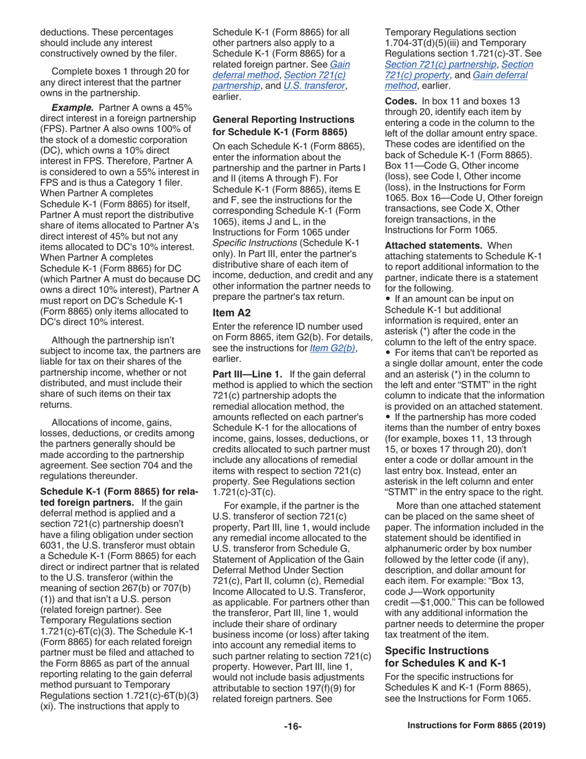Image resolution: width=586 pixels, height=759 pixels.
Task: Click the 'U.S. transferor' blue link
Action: click(x=314, y=86)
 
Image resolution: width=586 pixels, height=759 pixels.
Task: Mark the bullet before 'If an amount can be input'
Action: click(x=388, y=299)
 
